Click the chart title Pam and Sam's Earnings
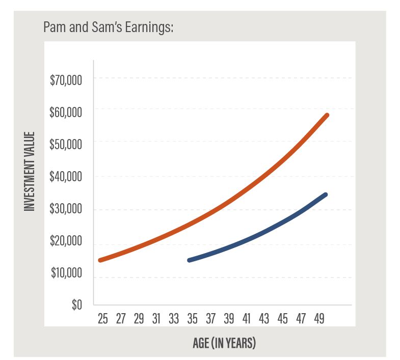pyautogui.click(x=109, y=27)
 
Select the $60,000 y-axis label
pyautogui.click(x=66, y=112)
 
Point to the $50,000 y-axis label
pyautogui.click(x=66, y=144)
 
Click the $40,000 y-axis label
pyautogui.click(x=66, y=177)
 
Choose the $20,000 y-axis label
pyautogui.click(x=66, y=241)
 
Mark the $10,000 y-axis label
pyautogui.click(x=66, y=273)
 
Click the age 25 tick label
pyautogui.click(x=102, y=319)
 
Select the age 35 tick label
pyautogui.click(x=193, y=319)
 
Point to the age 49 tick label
pyautogui.click(x=319, y=319)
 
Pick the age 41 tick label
pyautogui.click(x=247, y=319)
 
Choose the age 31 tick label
pyautogui.click(x=156, y=319)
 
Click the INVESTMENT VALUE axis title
pyautogui.click(x=30, y=172)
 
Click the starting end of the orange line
pyautogui.click(x=101, y=260)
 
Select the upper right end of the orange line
pyautogui.click(x=327, y=115)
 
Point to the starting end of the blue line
pyautogui.click(x=190, y=260)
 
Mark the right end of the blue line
pyautogui.click(x=325, y=195)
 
